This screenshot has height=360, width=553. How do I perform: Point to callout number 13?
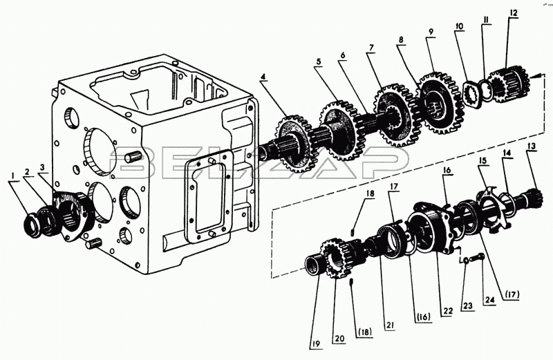point(531,146)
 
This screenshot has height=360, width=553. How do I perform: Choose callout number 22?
point(448,311)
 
